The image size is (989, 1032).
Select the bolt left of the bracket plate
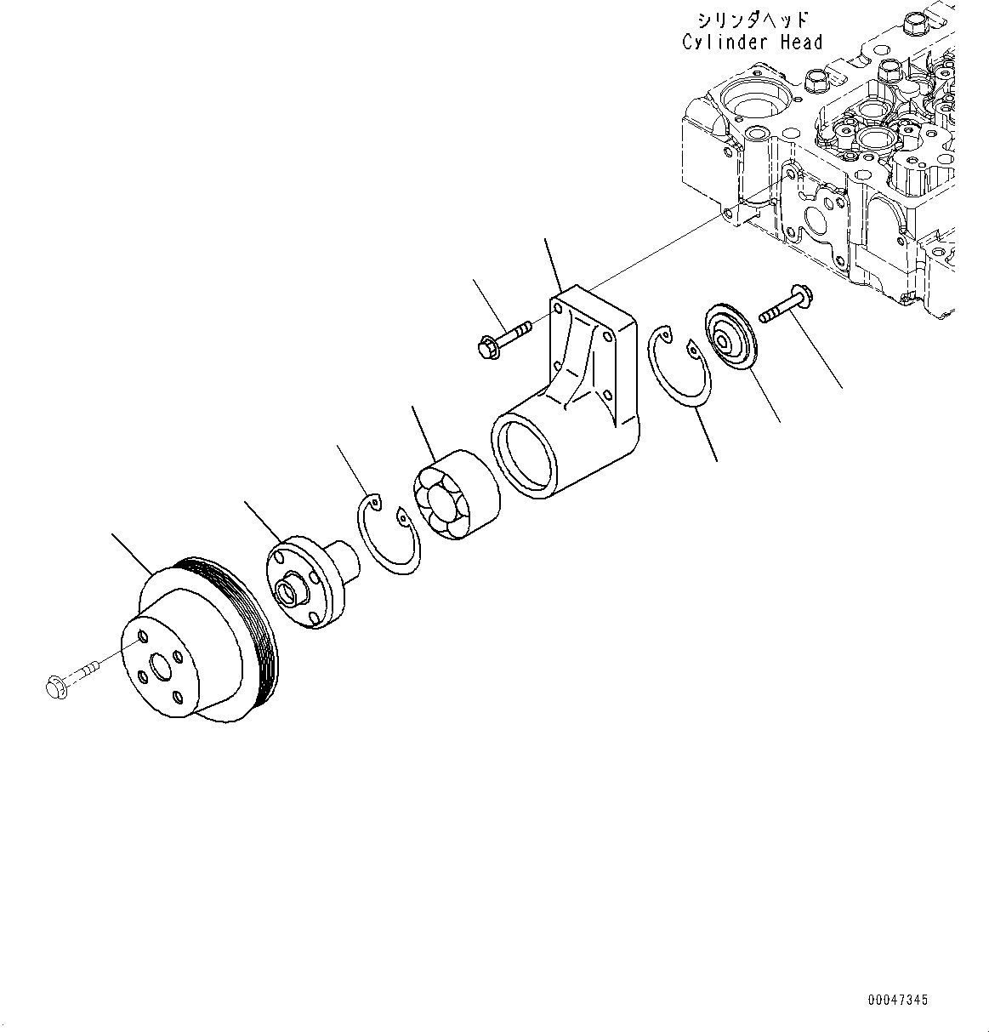(503, 338)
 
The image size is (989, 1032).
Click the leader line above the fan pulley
(132, 553)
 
